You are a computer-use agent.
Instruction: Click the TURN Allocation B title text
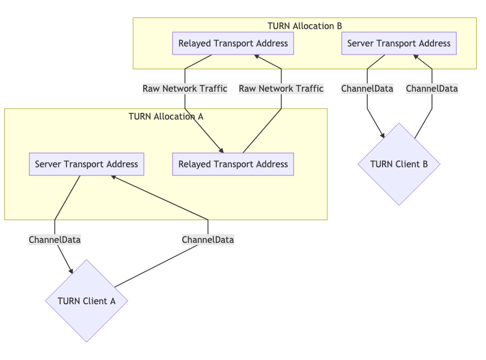[304, 26]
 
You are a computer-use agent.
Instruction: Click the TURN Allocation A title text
[166, 116]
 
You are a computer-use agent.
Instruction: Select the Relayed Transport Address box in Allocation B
[233, 43]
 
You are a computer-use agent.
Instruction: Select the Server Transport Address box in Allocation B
[399, 43]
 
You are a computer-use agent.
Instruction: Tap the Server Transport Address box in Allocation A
[86, 164]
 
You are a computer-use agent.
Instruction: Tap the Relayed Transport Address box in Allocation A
[233, 164]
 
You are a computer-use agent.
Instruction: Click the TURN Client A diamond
[86, 301]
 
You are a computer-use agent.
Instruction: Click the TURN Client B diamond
[399, 164]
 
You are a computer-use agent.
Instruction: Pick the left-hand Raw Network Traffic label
[185, 89]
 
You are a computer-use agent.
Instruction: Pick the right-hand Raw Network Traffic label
[281, 89]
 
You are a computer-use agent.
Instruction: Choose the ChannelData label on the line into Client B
[367, 89]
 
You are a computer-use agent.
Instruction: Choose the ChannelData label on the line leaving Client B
[431, 89]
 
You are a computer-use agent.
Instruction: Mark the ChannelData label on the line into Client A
[55, 239]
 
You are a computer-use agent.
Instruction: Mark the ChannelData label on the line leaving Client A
[208, 239]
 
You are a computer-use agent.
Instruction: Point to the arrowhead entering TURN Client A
[71, 270]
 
